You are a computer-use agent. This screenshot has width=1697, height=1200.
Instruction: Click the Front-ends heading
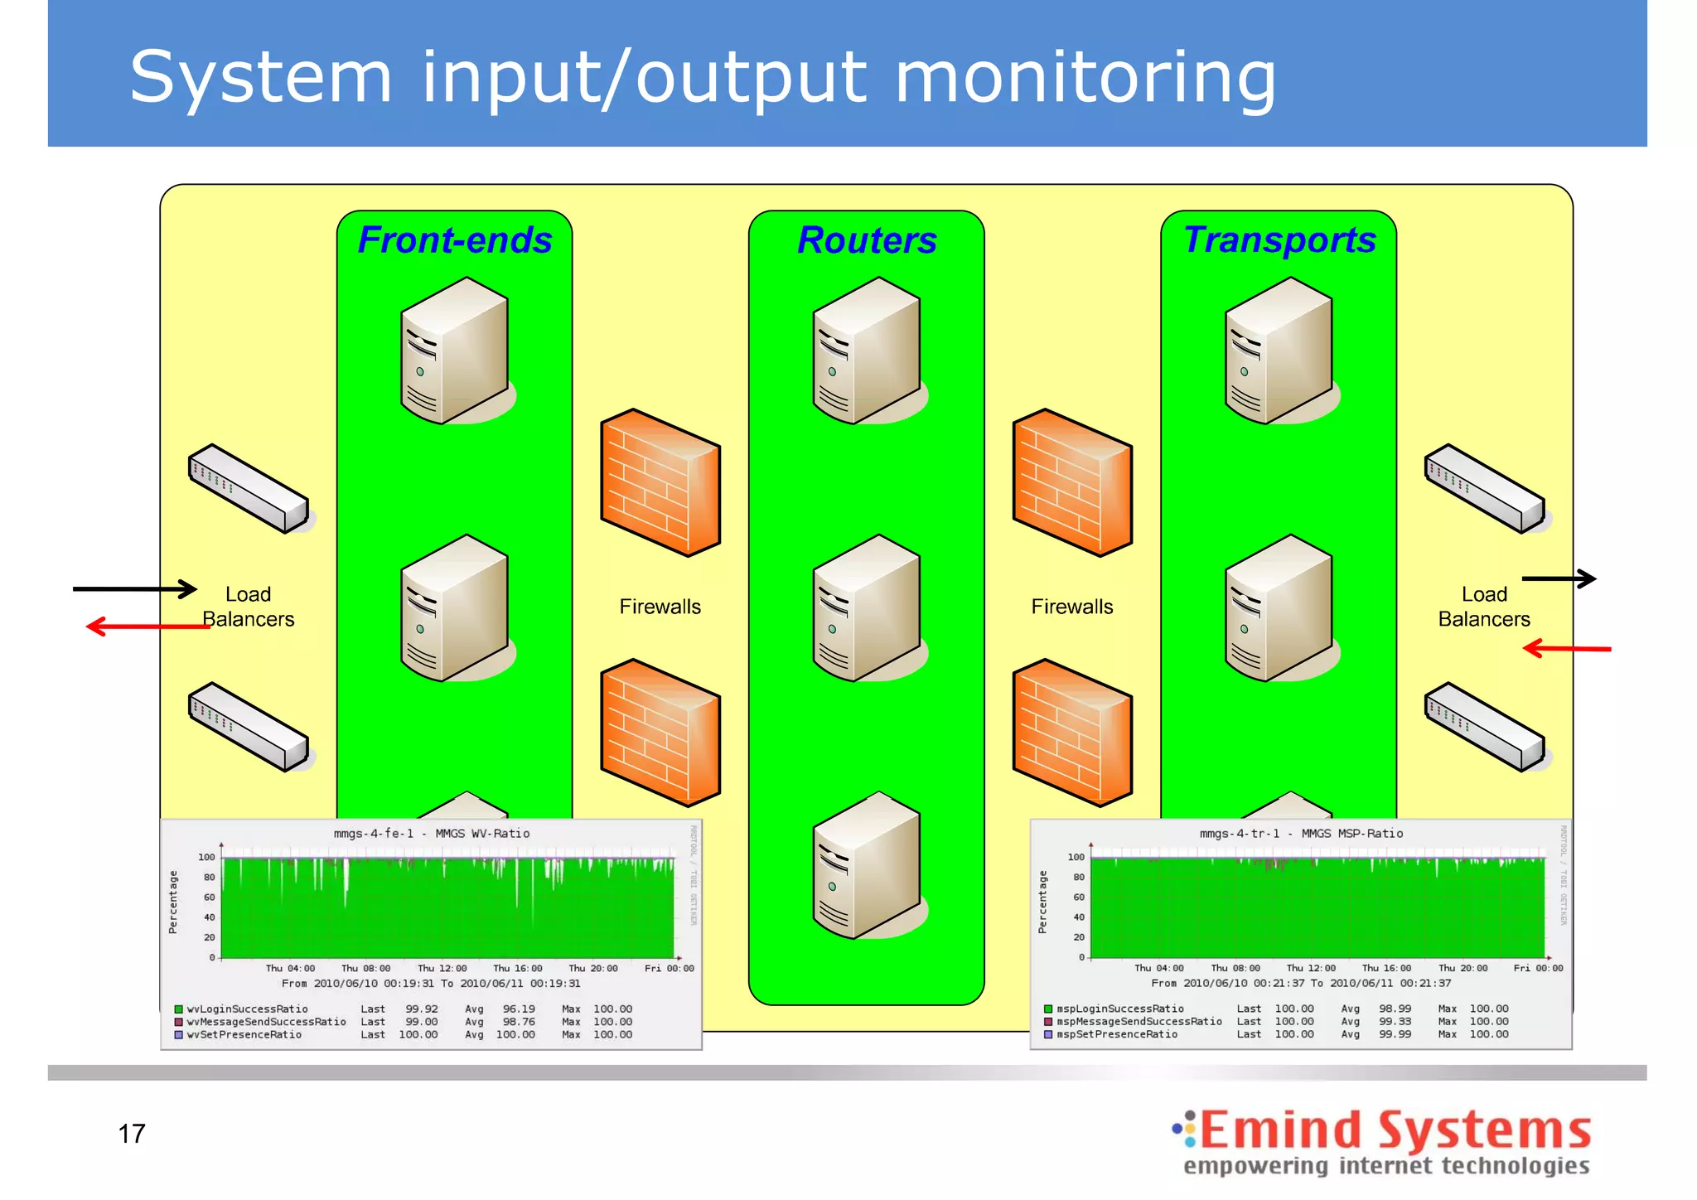coord(455,240)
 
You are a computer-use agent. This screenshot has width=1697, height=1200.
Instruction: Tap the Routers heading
coord(867,240)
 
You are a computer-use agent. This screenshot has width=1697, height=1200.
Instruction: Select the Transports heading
coord(1279,240)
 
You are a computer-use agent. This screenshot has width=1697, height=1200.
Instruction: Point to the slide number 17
coord(132,1133)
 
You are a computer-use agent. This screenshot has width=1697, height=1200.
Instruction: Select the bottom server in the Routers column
coord(867,865)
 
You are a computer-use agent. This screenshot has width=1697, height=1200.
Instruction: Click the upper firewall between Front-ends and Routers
coord(660,482)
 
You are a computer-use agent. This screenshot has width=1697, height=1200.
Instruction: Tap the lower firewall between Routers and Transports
coord(1072,733)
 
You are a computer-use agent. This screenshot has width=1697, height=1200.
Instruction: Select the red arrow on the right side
coord(1567,648)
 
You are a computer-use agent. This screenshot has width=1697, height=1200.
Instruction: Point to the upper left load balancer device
coord(249,488)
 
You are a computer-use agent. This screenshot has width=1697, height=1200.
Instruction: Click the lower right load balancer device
coord(1484,727)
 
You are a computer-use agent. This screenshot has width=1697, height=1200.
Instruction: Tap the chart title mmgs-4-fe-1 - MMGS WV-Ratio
coord(432,834)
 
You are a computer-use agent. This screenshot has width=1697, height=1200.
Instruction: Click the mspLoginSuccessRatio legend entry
coord(1119,1009)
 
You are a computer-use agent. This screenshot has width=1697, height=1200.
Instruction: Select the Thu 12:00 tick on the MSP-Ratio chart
coord(1311,968)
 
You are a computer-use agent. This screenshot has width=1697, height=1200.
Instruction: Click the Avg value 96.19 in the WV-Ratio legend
coord(519,1009)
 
